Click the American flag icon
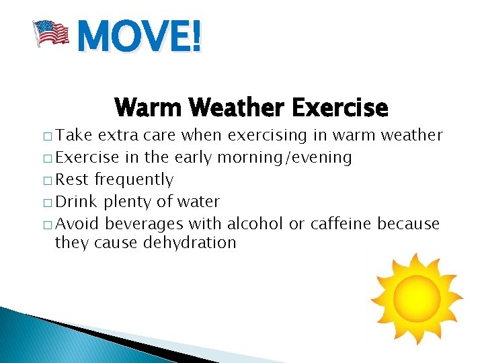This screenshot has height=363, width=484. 51,34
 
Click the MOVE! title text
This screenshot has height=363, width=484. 138,36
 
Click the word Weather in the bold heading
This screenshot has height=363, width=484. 233,107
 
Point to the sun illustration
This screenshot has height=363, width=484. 416,298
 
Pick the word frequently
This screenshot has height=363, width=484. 134,180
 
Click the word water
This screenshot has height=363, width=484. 198,202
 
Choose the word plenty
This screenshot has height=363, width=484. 127,202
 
